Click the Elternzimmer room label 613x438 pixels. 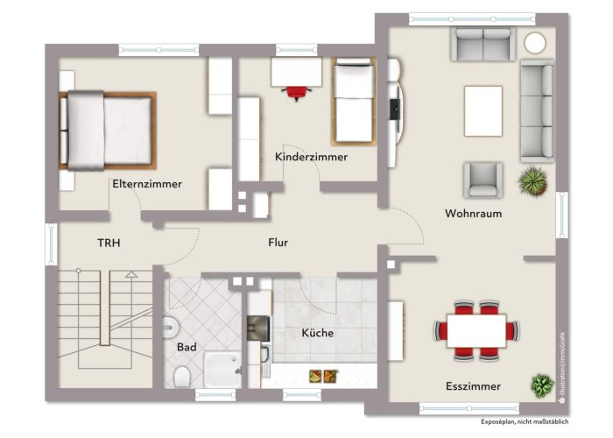coord(146,184)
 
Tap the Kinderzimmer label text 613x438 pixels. coord(311,157)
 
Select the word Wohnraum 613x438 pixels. coord(473,213)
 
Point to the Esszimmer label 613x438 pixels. coord(472,385)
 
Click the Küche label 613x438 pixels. coord(317,333)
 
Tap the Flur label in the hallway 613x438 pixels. coord(278,243)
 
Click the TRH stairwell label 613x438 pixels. coord(109,243)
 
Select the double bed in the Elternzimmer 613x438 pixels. coord(107,131)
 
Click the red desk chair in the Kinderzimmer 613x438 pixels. coord(296,89)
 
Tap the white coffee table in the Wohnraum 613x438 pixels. coord(483,110)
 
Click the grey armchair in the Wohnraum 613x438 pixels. coord(483,179)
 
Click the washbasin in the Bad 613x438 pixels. coord(170,328)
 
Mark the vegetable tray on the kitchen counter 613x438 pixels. coord(320,376)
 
